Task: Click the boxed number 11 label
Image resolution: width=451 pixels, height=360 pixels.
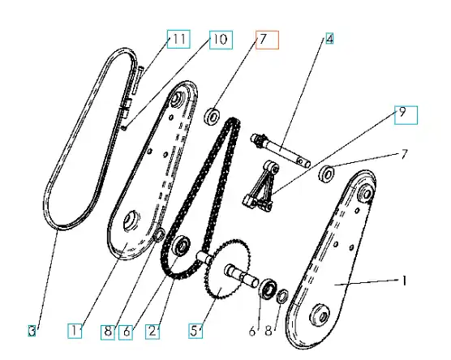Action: click(178, 39)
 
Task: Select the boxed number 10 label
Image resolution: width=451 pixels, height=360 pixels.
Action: click(221, 40)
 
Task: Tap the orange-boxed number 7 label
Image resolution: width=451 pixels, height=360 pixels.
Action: click(267, 40)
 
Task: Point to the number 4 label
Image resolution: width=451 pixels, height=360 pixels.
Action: click(329, 39)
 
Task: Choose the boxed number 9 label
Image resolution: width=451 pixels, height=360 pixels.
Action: click(406, 115)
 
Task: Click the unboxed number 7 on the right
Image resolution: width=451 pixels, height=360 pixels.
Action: click(405, 155)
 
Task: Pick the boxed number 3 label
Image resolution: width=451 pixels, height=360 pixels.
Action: click(32, 331)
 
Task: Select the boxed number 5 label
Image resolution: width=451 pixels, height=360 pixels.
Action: click(195, 331)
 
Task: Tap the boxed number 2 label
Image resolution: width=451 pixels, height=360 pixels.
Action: click(152, 332)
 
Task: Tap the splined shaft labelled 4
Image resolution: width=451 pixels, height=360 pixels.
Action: click(280, 150)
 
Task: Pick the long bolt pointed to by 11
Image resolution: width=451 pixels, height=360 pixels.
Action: click(137, 80)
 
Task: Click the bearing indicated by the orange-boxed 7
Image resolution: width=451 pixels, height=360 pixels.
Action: click(213, 117)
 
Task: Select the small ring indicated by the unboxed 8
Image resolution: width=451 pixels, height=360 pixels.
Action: click(281, 297)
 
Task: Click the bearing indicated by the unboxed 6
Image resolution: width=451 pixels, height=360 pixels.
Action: click(268, 289)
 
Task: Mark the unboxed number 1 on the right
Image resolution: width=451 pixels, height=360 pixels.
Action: click(404, 281)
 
